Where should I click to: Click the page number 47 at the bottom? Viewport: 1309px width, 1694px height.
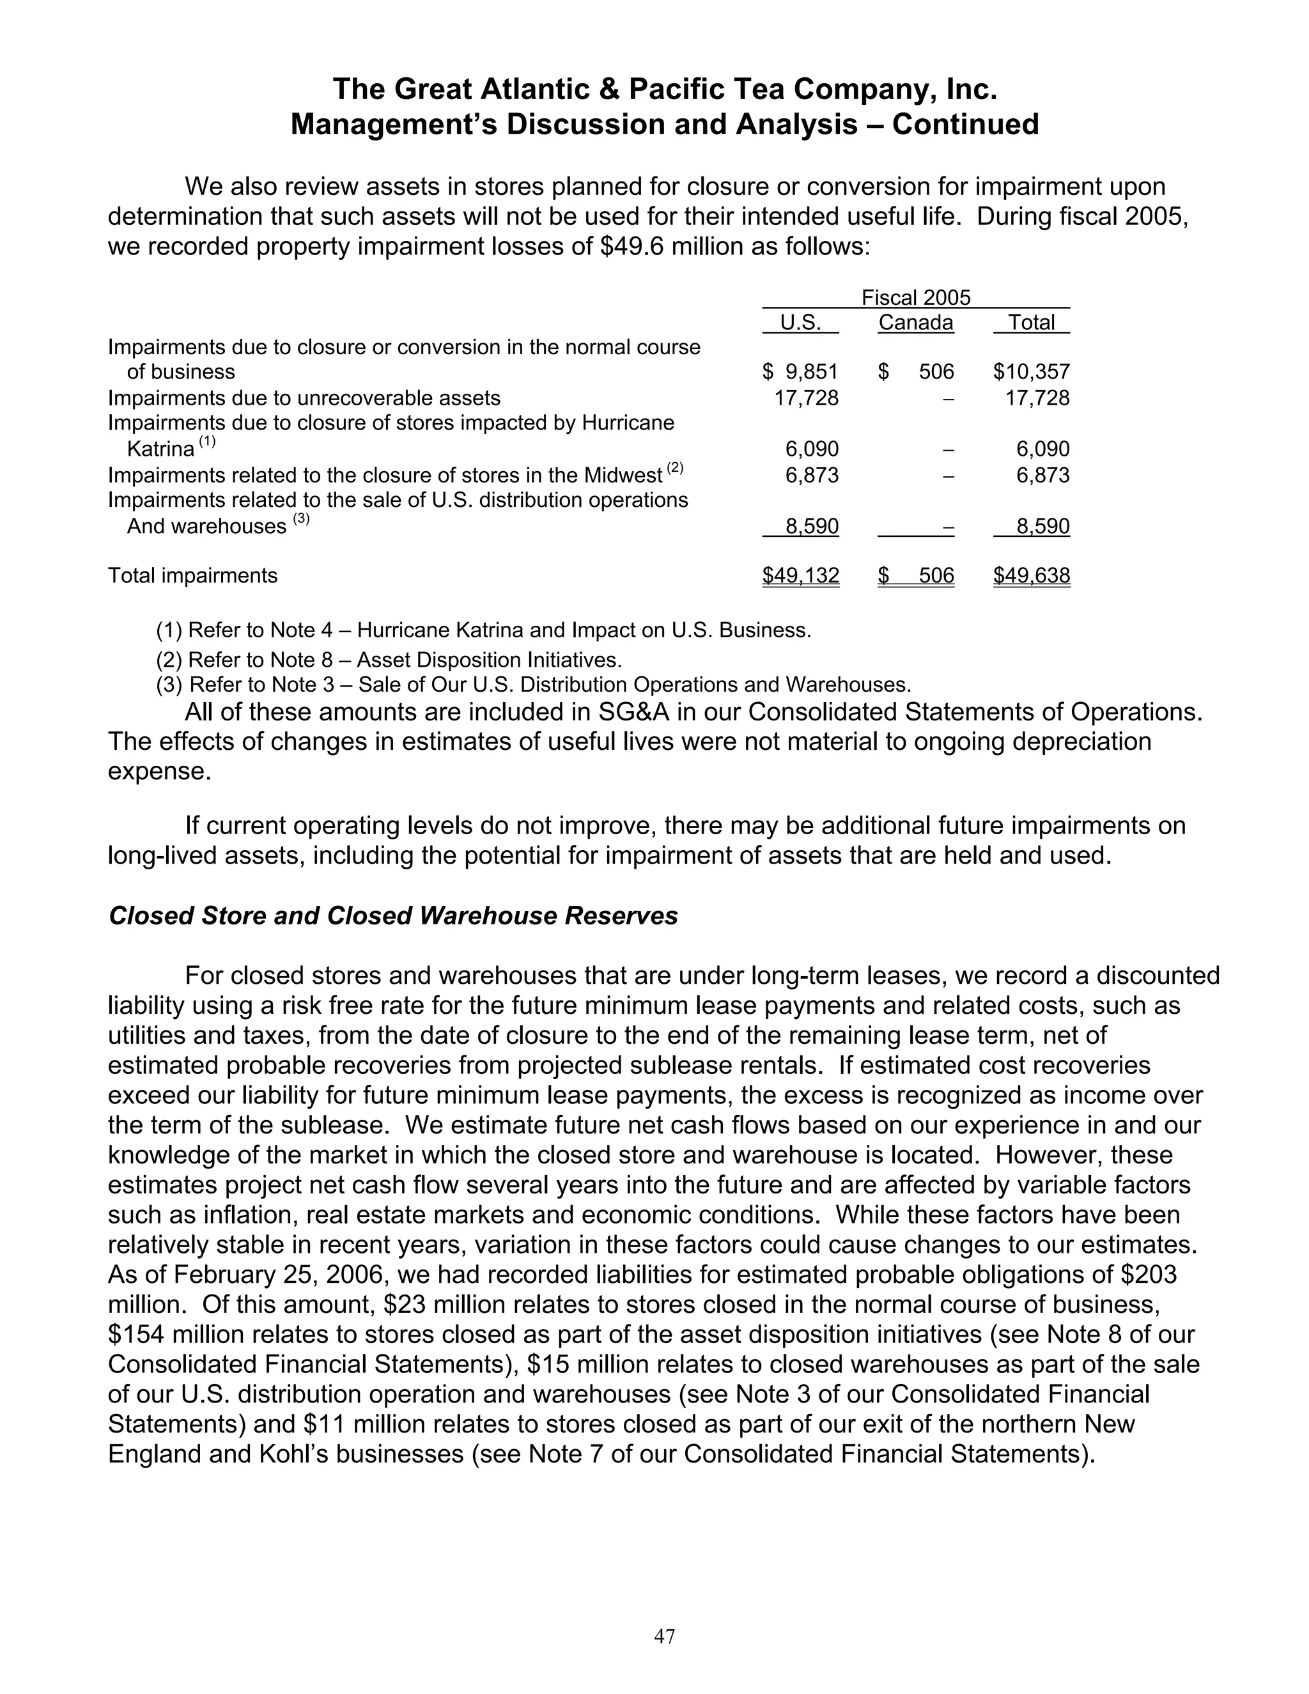(x=665, y=1636)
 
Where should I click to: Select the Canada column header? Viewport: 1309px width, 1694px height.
(x=915, y=323)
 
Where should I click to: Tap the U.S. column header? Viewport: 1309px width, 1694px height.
(x=800, y=323)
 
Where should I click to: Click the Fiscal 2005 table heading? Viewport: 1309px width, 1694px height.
(x=916, y=298)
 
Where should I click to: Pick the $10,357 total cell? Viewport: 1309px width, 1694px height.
(x=1032, y=371)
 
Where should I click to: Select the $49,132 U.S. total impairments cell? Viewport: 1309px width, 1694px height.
(x=800, y=575)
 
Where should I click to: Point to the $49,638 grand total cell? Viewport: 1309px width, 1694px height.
(x=1032, y=575)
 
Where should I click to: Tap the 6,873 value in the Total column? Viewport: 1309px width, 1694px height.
(x=1043, y=475)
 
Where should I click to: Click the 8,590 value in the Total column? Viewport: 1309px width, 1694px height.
(x=1043, y=527)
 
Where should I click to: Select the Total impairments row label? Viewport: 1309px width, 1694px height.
(x=192, y=575)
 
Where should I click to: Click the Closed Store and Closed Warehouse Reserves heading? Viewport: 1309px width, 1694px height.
(x=393, y=915)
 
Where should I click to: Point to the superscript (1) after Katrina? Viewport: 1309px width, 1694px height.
(x=207, y=443)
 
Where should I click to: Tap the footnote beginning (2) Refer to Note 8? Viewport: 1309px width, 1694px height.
(x=389, y=660)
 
